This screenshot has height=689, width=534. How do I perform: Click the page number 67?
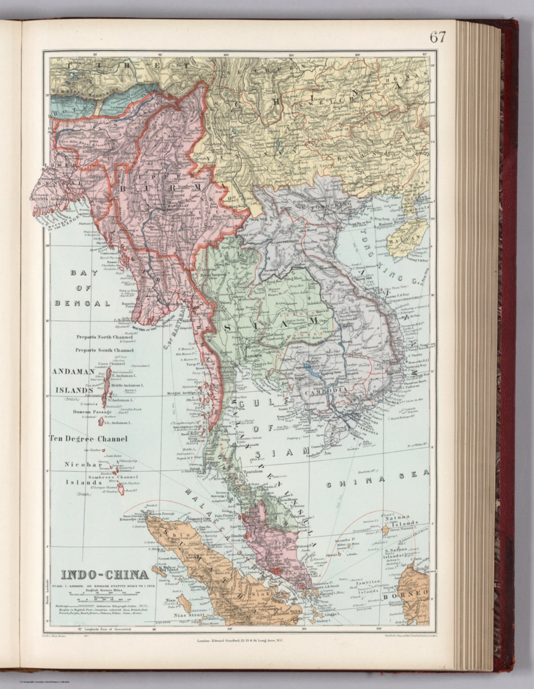(437, 37)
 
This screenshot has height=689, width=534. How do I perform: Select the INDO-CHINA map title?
(104, 575)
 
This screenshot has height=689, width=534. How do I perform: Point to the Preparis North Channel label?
(104, 337)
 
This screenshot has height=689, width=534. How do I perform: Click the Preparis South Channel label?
(104, 350)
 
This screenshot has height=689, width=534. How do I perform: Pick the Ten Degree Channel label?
(88, 439)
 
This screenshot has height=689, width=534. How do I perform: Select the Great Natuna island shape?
(385, 530)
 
